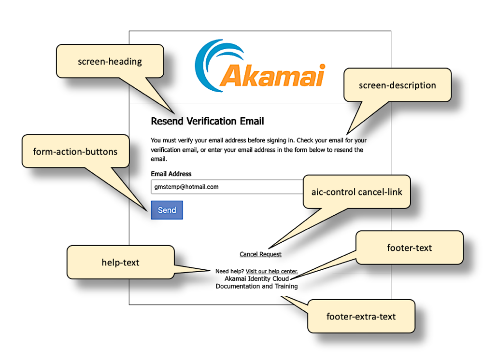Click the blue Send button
click(167, 210)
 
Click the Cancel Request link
click(260, 254)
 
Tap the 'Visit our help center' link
click(271, 272)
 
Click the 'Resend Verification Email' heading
click(207, 121)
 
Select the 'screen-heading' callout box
click(110, 61)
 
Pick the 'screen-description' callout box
click(397, 85)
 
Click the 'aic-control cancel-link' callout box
click(356, 192)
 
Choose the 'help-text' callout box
click(120, 263)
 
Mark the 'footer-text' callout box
click(409, 248)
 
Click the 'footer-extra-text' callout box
click(361, 317)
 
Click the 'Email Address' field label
click(171, 174)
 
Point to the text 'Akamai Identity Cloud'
click(256, 278)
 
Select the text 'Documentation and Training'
click(256, 286)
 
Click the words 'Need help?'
click(229, 272)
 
